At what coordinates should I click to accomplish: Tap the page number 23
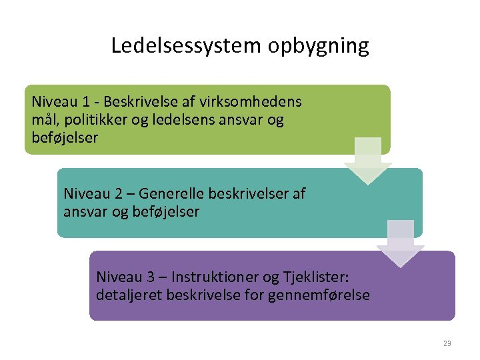pyautogui.click(x=447, y=343)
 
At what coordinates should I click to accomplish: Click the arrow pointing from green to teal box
pyautogui.click(x=367, y=161)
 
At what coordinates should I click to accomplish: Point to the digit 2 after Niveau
pyautogui.click(x=119, y=193)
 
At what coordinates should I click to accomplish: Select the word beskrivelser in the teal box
pyautogui.click(x=249, y=193)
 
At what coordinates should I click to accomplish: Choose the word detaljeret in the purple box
pyautogui.click(x=127, y=295)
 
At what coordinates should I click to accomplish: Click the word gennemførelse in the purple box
pyautogui.click(x=319, y=295)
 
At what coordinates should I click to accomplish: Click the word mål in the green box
pyautogui.click(x=44, y=121)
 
